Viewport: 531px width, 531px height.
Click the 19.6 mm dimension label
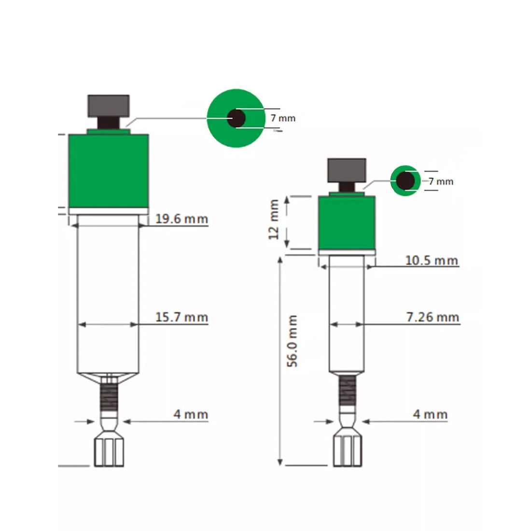point(182,219)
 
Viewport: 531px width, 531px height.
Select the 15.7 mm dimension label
point(182,317)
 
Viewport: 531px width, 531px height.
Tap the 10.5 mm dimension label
point(431,261)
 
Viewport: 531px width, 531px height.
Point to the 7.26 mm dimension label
point(432,317)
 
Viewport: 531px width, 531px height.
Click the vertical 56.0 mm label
point(293,341)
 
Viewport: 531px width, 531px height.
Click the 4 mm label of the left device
point(191,414)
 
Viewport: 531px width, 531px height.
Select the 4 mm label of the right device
point(430,414)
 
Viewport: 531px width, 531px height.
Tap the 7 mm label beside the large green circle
point(283,118)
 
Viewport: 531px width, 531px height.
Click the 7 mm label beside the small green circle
point(441,182)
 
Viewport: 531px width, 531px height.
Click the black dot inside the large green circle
point(236,118)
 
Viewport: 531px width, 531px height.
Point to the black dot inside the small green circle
point(405,181)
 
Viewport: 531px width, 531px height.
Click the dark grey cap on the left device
point(108,105)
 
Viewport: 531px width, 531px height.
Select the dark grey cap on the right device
point(347,169)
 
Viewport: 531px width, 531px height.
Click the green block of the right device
point(347,223)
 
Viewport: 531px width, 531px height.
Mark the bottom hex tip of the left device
point(108,452)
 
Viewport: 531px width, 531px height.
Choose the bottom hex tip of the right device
point(347,451)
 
